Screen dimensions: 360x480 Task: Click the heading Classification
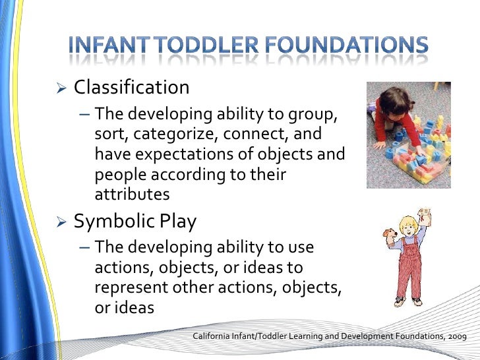[131, 87]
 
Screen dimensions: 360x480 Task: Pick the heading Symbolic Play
[135, 222]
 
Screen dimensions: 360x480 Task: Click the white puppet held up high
[425, 218]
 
